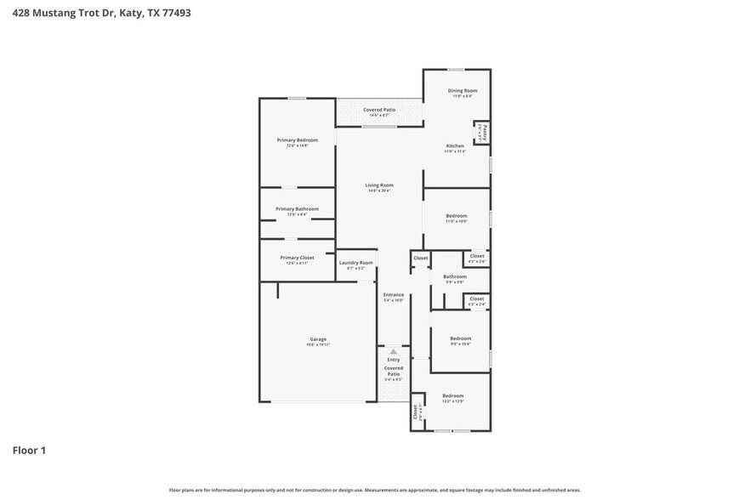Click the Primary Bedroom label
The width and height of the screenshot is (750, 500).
pos(297,139)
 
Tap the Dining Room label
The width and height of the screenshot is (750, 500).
pos(463,90)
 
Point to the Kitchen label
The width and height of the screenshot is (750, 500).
pos(456,146)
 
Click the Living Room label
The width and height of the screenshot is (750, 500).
pos(379,185)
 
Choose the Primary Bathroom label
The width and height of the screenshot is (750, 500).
pos(297,208)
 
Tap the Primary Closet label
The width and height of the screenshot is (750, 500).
pos(297,257)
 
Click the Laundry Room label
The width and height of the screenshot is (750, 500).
pos(356,263)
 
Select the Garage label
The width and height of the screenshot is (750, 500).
pos(318,338)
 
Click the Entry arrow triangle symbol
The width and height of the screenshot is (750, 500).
pos(393,351)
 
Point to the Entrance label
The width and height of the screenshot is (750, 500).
pos(393,294)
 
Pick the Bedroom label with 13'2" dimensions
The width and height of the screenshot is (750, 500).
pos(452,395)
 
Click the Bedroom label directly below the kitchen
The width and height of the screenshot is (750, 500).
pos(457,216)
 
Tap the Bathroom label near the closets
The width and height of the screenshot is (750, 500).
pos(454,276)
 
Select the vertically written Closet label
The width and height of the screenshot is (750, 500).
pos(416,412)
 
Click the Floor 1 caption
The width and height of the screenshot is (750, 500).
pos(29,450)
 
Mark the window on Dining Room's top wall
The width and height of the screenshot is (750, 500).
pos(457,70)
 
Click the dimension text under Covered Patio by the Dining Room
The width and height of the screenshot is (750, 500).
pos(379,115)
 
